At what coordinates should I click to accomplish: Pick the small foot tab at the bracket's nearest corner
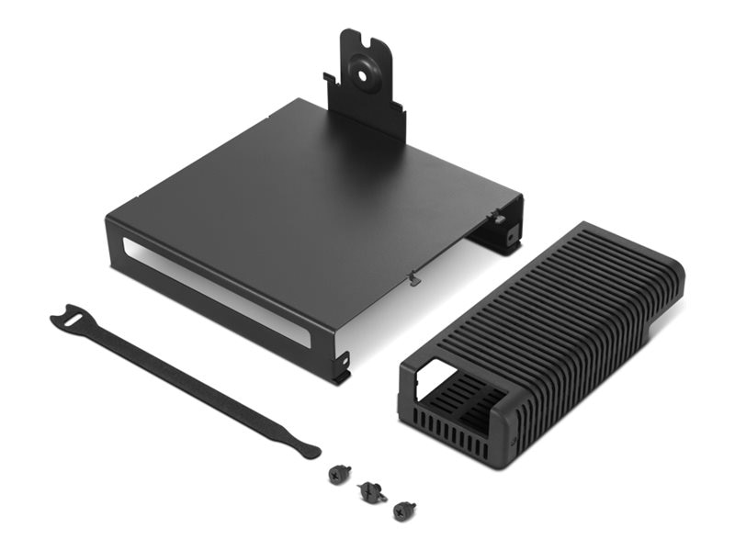[x=342, y=372]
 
